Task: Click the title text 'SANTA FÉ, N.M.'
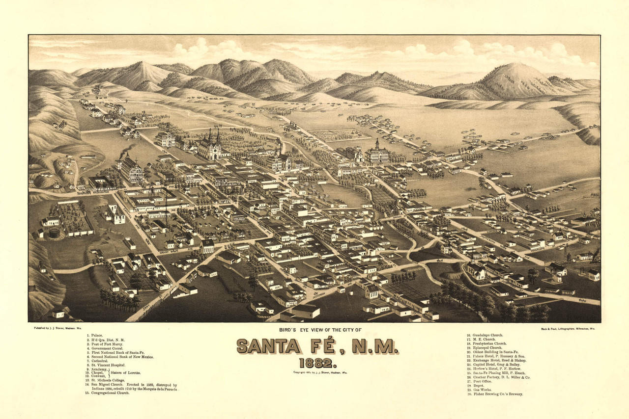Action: pos(317,346)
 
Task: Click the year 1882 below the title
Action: pos(317,364)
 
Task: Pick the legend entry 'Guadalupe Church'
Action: pos(486,336)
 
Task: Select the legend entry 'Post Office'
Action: pos(482,381)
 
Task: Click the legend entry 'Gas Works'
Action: pos(481,390)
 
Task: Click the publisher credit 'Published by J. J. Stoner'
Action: pos(51,328)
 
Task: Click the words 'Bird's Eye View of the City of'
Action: pos(314,330)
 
